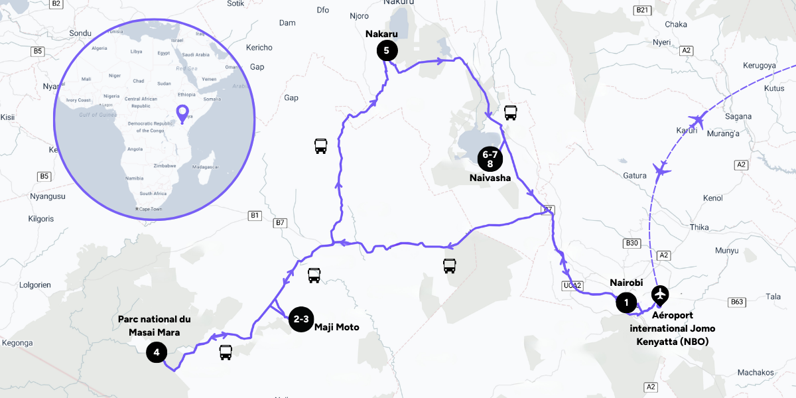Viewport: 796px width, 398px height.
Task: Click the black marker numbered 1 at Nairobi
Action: click(626, 303)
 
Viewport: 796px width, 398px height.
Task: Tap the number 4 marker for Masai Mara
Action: click(156, 352)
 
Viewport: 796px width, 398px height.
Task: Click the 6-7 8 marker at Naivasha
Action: click(491, 159)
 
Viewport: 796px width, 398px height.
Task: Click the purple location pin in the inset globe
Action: click(182, 113)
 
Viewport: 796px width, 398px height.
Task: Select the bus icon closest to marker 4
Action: click(226, 352)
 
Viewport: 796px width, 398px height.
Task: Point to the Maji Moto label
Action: click(337, 327)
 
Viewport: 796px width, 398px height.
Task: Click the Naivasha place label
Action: click(490, 178)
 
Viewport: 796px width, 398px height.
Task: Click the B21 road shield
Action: click(641, 10)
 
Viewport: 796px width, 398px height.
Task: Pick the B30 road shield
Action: click(632, 243)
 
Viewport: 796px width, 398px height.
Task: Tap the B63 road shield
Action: click(737, 302)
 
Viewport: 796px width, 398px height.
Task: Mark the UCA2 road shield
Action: click(572, 286)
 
